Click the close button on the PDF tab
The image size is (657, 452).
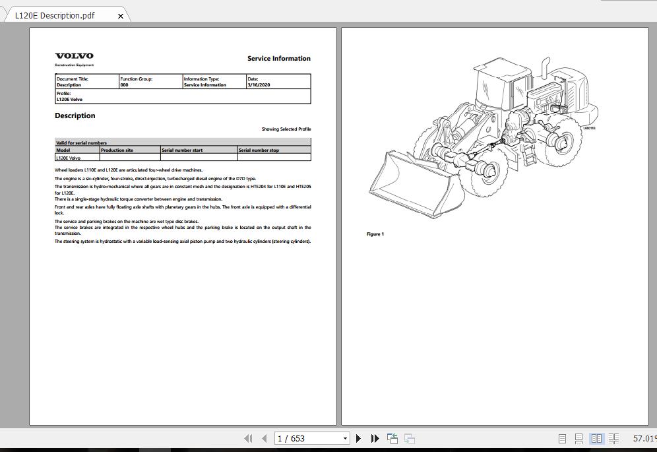(120, 16)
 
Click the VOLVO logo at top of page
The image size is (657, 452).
(74, 56)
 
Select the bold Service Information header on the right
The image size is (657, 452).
(278, 59)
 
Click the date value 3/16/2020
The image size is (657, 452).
(259, 85)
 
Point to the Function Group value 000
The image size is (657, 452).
(125, 85)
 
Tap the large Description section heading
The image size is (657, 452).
(75, 116)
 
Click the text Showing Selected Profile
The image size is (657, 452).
(286, 129)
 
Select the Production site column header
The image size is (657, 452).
(117, 150)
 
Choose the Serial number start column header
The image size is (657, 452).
(182, 150)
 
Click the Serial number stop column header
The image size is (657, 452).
(259, 150)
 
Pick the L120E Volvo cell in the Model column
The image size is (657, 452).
(68, 158)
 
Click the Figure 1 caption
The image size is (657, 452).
(375, 234)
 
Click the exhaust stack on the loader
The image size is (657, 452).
(547, 68)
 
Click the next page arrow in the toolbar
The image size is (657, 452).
(358, 438)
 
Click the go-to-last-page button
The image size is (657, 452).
(375, 438)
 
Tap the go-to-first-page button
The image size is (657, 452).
(248, 438)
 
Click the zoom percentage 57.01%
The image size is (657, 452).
(644, 438)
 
